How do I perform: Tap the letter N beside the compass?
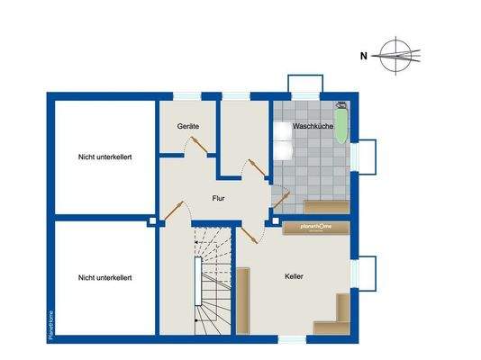pyautogui.click(x=363, y=56)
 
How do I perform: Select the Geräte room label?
pyautogui.click(x=188, y=127)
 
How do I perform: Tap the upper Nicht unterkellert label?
pyautogui.click(x=104, y=157)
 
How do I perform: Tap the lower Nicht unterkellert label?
pyautogui.click(x=104, y=278)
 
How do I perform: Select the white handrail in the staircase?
pyautogui.click(x=197, y=292)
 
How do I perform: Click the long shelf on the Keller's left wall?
pyautogui.click(x=241, y=302)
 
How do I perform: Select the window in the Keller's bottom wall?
pyautogui.click(x=292, y=339)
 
